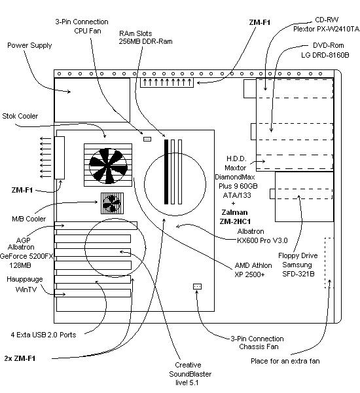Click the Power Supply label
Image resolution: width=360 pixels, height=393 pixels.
(x=29, y=45)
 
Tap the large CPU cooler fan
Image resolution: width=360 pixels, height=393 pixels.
(x=108, y=166)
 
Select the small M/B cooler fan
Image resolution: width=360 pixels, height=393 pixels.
(x=112, y=203)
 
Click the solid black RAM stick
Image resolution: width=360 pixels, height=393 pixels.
(x=166, y=172)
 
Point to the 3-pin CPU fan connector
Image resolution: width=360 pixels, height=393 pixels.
(x=147, y=139)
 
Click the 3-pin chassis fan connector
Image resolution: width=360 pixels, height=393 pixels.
(x=198, y=286)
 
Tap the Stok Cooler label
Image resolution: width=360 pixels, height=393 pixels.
(x=20, y=116)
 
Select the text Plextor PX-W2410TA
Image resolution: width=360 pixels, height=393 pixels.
(x=326, y=29)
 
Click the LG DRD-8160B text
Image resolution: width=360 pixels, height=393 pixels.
(x=325, y=55)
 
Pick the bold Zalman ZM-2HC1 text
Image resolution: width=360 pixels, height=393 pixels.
(x=235, y=217)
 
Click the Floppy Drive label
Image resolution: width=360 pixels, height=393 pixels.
(x=298, y=255)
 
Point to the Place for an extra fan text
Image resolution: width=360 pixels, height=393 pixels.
(x=285, y=361)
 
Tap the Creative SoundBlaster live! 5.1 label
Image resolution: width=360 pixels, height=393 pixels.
(x=190, y=374)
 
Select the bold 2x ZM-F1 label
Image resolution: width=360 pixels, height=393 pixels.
(x=20, y=358)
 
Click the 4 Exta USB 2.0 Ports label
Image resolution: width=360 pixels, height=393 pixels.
(x=43, y=335)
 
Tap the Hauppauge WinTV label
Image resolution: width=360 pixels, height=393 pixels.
(x=25, y=284)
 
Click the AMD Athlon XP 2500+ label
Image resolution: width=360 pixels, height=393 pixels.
(x=253, y=270)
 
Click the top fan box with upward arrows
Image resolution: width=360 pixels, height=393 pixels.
(x=167, y=83)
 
